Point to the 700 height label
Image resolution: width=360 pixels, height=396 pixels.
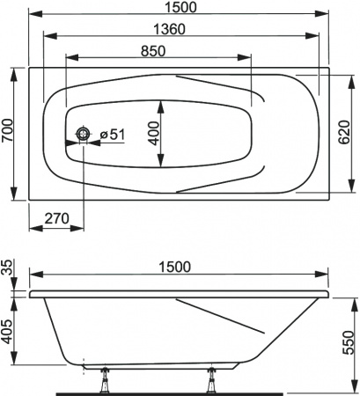(x=9, y=134)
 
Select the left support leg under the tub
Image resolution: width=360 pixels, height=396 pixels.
(x=104, y=377)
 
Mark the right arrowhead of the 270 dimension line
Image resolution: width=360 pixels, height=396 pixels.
(x=80, y=225)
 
